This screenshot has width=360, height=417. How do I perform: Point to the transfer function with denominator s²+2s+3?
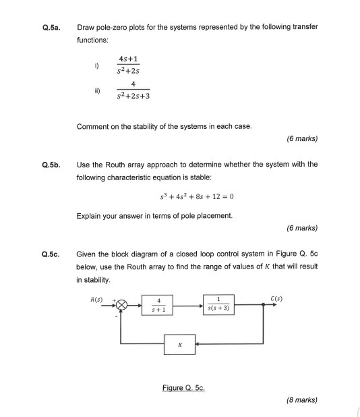coord(133,90)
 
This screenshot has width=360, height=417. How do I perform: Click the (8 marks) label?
coord(301,399)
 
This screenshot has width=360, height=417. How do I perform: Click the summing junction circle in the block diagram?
coord(121,304)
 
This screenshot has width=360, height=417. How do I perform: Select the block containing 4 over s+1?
coord(158,305)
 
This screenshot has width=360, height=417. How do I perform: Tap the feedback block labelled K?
coord(179,344)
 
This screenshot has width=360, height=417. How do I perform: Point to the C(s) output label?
coord(276,298)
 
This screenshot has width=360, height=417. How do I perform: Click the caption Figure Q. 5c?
coord(183,388)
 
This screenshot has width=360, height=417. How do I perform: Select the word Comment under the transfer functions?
coord(93,126)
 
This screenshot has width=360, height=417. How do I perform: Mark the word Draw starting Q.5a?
coord(86,27)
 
